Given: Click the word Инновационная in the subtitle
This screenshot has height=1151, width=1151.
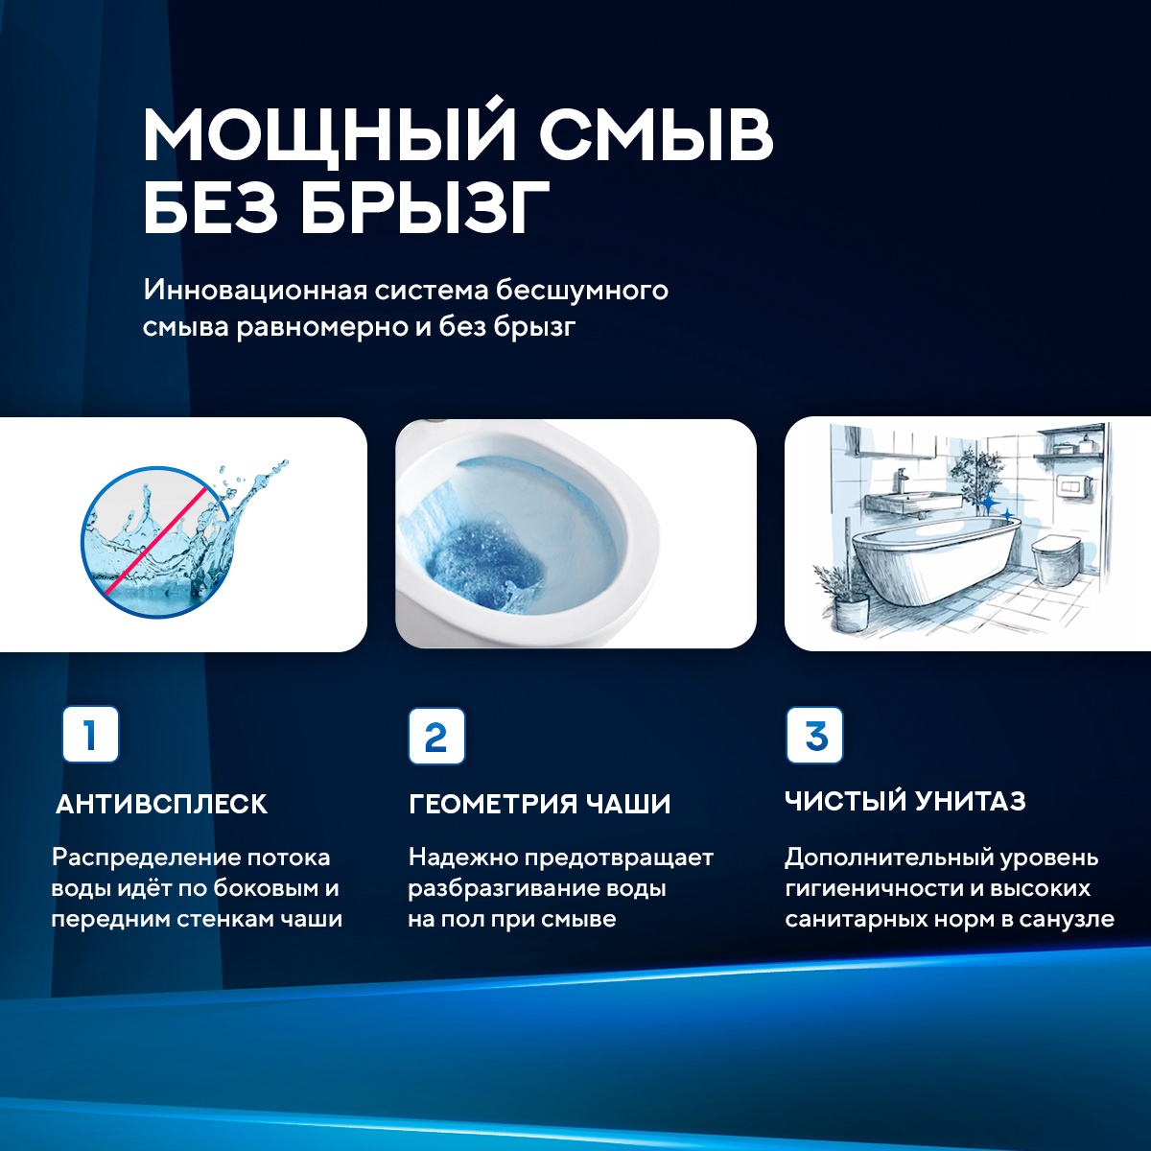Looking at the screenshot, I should [254, 290].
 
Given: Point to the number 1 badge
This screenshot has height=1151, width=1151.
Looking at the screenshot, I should [90, 735].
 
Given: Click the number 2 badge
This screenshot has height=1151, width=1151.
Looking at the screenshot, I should [436, 737].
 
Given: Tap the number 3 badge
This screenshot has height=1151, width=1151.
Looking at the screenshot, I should [814, 736].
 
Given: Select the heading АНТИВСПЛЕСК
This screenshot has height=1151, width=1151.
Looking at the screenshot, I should [161, 804].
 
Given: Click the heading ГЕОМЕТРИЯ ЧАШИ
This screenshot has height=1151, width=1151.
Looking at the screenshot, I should [539, 804].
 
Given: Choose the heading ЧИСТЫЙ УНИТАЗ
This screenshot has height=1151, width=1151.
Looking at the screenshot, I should [904, 801].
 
